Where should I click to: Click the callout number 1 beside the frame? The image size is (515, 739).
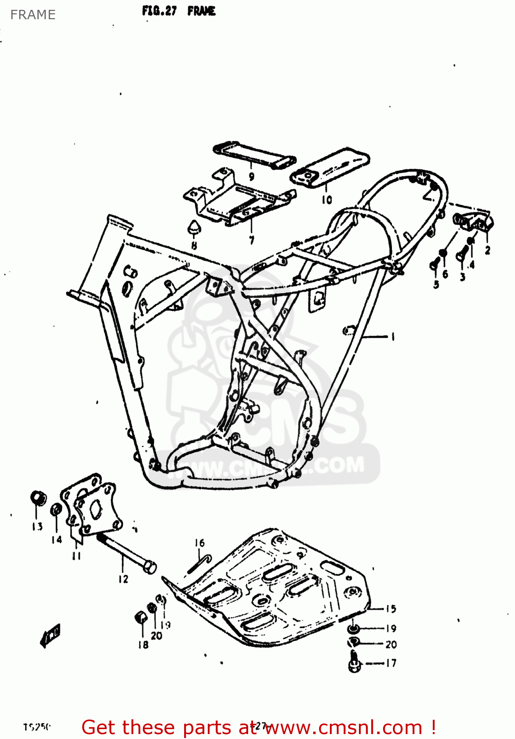coord(392,337)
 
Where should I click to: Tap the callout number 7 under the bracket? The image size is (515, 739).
coord(252,240)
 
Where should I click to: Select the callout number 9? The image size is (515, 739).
coord(252,176)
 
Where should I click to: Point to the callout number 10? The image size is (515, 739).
coord(327,199)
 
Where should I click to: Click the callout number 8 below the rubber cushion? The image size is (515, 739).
coord(194,245)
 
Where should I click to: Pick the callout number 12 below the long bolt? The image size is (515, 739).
coord(123,579)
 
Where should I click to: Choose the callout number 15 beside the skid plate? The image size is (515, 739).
coord(390,609)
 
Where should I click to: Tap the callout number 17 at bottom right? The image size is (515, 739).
coord(390,663)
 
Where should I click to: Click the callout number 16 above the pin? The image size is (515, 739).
coord(199,543)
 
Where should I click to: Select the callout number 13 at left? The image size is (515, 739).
coord(37,526)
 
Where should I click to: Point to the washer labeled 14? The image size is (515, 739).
coord(57,509)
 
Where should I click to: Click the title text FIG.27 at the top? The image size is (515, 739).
coord(159,11)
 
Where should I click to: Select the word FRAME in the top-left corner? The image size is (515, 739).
coord(33,15)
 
